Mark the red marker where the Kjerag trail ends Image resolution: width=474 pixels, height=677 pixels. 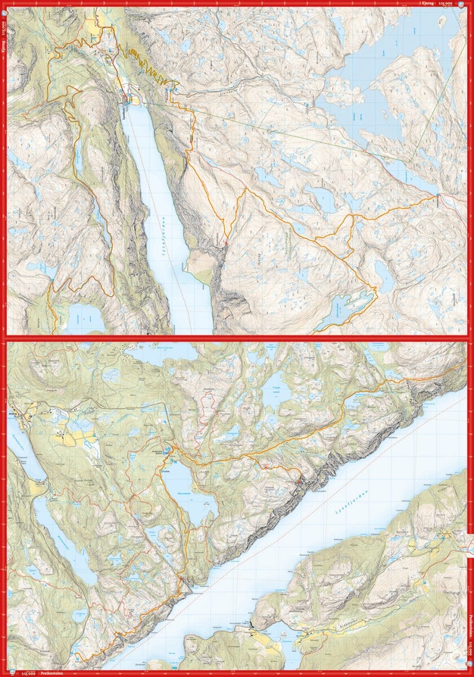[226, 244]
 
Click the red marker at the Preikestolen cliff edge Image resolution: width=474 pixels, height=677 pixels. [299, 481]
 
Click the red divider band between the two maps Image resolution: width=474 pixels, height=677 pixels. [237, 338]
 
